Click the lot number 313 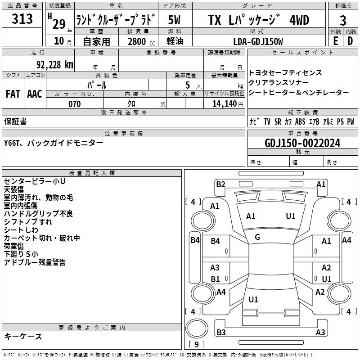click(x=22, y=18)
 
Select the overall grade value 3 click(x=343, y=21)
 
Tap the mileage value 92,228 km click(x=54, y=65)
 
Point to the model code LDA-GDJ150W click(x=258, y=41)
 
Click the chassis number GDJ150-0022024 click(x=302, y=143)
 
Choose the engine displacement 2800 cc click(x=141, y=41)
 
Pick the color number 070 click(x=75, y=104)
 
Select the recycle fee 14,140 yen click(x=228, y=104)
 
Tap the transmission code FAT click(x=13, y=94)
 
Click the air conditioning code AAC click(x=35, y=94)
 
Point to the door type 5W click(x=174, y=20)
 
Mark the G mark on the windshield click(x=257, y=237)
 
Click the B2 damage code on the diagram click(x=220, y=184)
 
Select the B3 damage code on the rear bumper click(x=221, y=332)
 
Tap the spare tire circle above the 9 click(x=197, y=328)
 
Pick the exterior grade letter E click(x=335, y=41)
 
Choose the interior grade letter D click(x=350, y=41)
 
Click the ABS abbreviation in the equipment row click(x=300, y=121)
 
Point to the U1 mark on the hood click(x=290, y=216)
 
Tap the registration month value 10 click(x=59, y=41)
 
